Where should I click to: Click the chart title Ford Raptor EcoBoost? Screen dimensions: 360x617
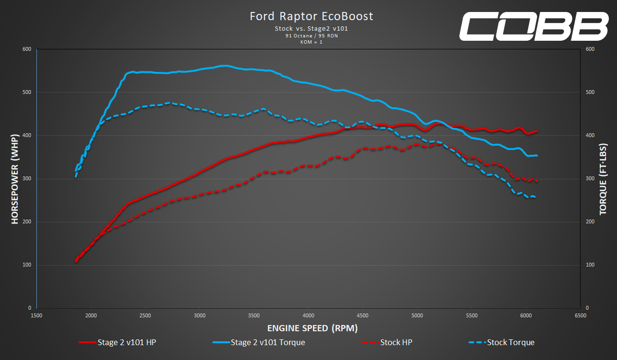(311, 16)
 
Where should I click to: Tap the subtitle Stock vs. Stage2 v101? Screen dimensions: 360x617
(311, 29)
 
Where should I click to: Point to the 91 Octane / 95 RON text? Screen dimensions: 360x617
(311, 35)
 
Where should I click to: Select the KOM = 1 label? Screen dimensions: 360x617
(311, 42)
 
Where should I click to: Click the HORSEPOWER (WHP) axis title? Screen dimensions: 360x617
(15, 178)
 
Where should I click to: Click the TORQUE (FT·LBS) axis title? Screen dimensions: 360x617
(603, 178)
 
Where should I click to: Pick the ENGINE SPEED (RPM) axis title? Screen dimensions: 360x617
(312, 328)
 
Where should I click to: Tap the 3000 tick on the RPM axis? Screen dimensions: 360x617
(200, 316)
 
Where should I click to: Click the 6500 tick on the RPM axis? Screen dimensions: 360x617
(580, 316)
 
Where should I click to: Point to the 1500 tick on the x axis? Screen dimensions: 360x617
(37, 316)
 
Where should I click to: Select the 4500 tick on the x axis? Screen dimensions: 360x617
(363, 316)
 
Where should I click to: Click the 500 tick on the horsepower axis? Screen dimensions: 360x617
(26, 92)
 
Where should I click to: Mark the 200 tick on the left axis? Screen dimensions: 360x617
(26, 222)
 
